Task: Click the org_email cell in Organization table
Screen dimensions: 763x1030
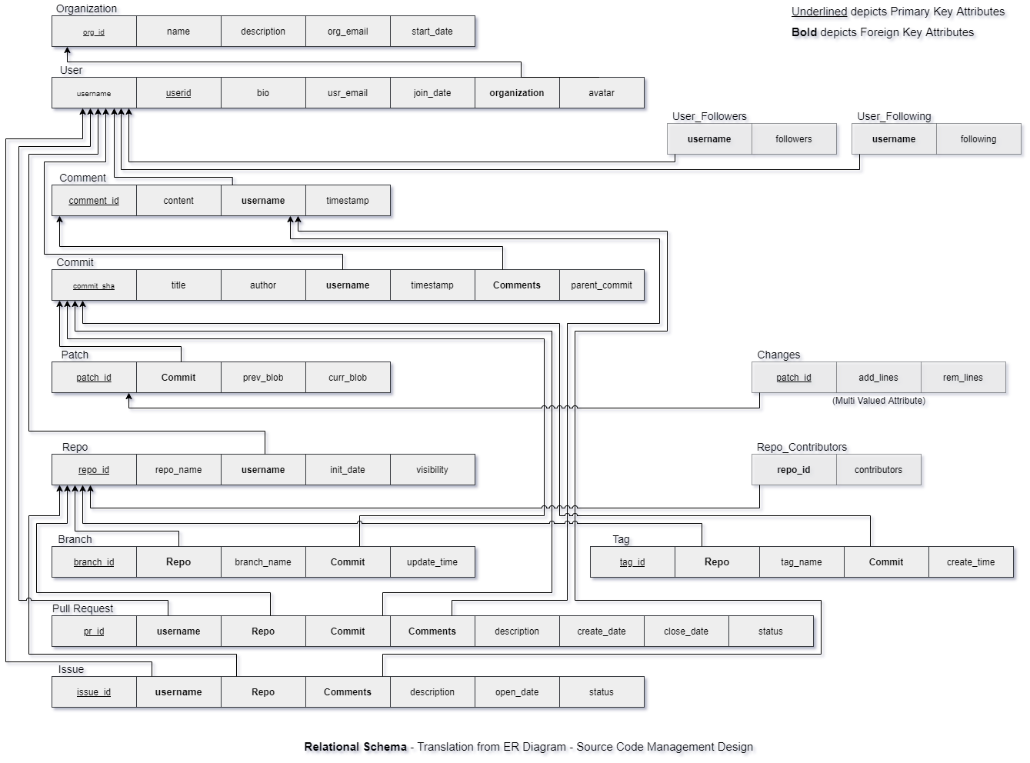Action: click(348, 32)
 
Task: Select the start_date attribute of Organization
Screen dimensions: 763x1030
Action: click(432, 32)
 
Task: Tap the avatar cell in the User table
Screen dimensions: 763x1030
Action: click(602, 93)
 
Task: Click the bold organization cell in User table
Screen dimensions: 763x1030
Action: click(517, 93)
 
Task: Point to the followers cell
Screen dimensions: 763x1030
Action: click(794, 139)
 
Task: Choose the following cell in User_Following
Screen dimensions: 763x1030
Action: click(978, 139)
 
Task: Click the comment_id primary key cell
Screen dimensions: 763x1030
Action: click(94, 201)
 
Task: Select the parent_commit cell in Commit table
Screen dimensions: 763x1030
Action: click(602, 285)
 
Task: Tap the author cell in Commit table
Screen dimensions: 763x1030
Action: click(263, 285)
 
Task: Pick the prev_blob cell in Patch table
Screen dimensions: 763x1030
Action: click(263, 378)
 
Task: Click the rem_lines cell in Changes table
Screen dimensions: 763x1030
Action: click(963, 378)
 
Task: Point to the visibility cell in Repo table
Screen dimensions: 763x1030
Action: click(432, 470)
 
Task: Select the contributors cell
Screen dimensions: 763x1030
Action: click(878, 470)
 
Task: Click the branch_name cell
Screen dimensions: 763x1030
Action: click(263, 562)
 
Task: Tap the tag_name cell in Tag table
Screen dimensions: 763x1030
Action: click(802, 562)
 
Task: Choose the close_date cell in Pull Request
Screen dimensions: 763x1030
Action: click(686, 631)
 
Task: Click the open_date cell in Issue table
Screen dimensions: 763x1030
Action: click(517, 692)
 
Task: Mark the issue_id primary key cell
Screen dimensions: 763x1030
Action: click(94, 692)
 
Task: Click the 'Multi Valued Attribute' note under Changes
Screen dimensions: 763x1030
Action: click(881, 401)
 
